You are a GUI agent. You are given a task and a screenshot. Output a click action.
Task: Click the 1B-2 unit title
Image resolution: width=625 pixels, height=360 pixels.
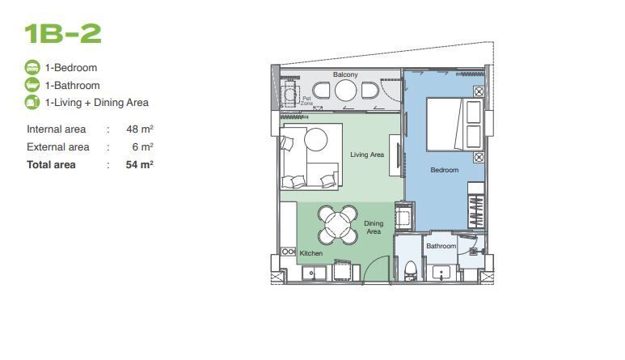click(62, 33)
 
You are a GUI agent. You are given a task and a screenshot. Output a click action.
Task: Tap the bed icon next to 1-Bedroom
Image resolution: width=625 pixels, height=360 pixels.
click(32, 67)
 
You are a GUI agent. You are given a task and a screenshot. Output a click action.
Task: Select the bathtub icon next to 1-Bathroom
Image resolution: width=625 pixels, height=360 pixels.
click(32, 85)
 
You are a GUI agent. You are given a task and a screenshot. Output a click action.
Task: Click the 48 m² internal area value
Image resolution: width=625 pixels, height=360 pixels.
click(140, 129)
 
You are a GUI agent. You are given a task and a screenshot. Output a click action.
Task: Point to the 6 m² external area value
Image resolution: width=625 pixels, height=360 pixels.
click(142, 146)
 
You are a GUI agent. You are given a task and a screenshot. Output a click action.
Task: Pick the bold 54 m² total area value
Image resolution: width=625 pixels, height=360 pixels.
click(140, 164)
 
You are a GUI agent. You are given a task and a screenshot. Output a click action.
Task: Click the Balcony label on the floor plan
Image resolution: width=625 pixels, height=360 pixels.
click(345, 74)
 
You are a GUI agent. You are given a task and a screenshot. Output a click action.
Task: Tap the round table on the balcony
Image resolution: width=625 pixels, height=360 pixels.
click(345, 91)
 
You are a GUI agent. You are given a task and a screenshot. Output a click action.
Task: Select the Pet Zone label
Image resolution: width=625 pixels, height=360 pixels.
click(306, 100)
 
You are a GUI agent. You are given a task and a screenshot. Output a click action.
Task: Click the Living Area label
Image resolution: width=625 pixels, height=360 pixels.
click(367, 155)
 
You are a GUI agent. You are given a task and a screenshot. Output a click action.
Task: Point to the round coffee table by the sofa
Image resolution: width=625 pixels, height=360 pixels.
click(315, 139)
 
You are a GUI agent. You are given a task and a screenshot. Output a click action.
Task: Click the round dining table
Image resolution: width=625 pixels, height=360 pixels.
click(338, 225)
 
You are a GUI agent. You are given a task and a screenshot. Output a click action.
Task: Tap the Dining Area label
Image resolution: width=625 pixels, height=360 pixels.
click(374, 227)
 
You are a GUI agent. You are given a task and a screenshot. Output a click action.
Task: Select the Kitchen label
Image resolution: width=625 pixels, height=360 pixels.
click(311, 253)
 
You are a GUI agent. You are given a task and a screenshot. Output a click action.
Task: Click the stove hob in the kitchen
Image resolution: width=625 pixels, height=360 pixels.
click(288, 252)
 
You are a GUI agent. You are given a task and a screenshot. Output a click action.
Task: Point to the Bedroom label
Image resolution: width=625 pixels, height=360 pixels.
click(445, 170)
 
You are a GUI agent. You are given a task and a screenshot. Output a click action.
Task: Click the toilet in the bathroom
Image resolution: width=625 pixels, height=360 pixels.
click(410, 271)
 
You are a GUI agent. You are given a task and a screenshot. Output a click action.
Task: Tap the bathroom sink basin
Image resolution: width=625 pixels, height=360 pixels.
click(441, 273)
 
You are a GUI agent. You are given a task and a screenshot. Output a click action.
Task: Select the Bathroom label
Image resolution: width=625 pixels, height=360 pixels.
click(441, 246)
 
